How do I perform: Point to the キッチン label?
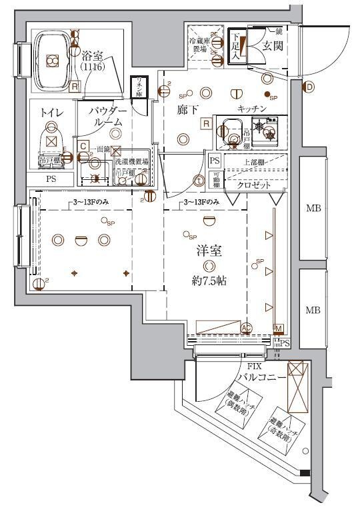pyautogui.click(x=251, y=109)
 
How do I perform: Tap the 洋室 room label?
pyautogui.click(x=208, y=251)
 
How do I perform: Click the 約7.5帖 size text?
pyautogui.click(x=209, y=280)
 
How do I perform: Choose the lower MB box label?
pyautogui.click(x=313, y=310)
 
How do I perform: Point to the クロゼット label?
pyautogui.click(x=253, y=186)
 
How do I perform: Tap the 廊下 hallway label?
pyautogui.click(x=187, y=109)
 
